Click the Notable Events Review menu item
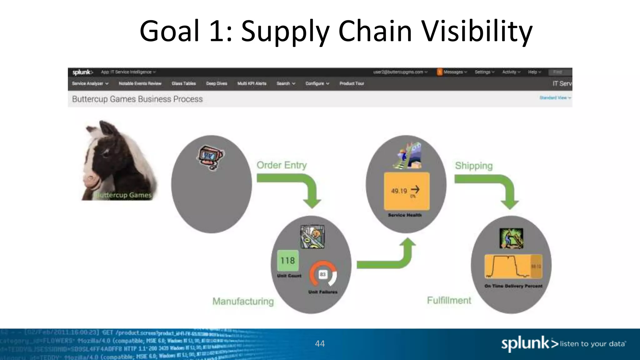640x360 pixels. tap(140, 83)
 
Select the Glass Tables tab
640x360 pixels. tap(184, 83)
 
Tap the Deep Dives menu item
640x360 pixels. tap(217, 83)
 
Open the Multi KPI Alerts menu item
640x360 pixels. tap(252, 83)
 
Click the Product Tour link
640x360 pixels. tap(352, 83)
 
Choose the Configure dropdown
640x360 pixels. tap(317, 83)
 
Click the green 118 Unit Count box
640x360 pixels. tap(288, 260)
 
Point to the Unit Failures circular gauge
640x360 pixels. tap(323, 274)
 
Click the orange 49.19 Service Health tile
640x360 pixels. tap(407, 191)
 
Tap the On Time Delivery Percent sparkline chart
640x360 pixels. tap(508, 267)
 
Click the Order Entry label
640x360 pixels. tap(282, 165)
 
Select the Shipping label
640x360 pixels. tap(474, 166)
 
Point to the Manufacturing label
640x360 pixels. tap(243, 301)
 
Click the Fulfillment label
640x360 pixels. tap(449, 300)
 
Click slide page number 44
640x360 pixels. tap(320, 344)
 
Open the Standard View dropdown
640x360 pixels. tap(555, 98)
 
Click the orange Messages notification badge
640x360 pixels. tap(439, 72)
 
